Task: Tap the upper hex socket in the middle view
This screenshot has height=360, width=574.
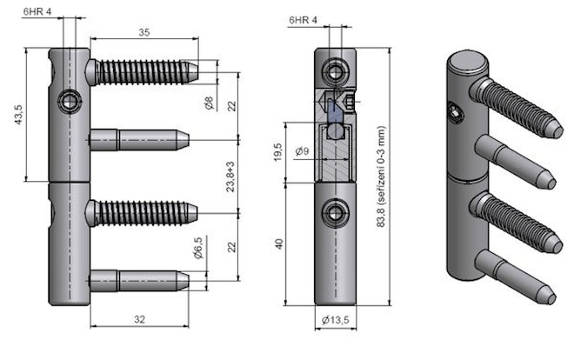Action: tap(334, 70)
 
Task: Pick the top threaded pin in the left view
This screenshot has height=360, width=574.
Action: tap(143, 70)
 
